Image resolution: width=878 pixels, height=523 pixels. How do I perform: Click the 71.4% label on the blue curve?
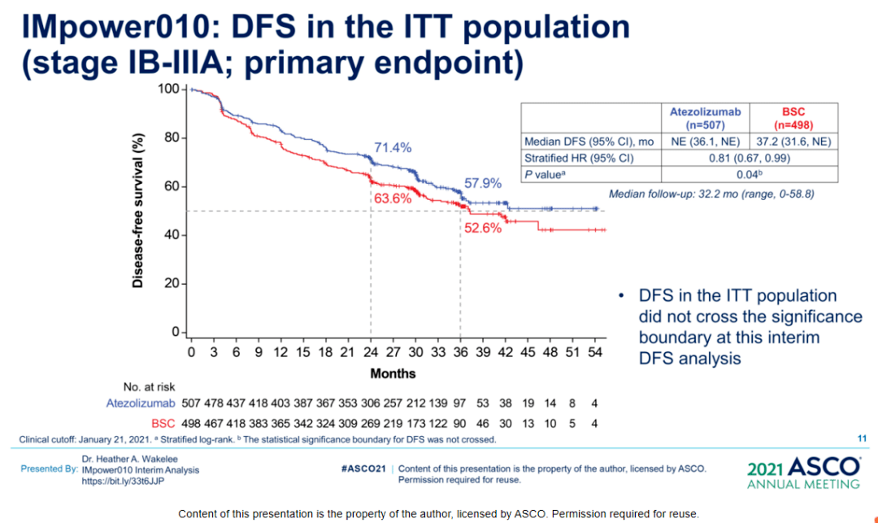(x=393, y=147)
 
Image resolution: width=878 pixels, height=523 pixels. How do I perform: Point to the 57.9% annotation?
(x=483, y=183)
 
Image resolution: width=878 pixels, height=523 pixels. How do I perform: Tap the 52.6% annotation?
(x=483, y=228)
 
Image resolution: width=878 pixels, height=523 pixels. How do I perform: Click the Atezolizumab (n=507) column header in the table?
(x=705, y=119)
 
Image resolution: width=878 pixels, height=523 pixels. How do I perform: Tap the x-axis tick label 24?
(x=371, y=352)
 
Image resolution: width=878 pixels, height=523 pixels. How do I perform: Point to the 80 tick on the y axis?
(x=172, y=137)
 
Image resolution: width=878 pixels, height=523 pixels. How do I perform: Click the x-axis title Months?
(x=393, y=373)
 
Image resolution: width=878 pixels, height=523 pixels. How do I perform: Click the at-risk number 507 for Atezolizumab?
(x=191, y=403)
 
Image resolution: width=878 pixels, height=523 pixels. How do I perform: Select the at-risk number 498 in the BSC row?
(x=191, y=423)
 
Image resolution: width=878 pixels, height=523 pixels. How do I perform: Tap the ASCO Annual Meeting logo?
(x=803, y=472)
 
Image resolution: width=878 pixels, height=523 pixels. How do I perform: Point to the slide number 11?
(x=862, y=438)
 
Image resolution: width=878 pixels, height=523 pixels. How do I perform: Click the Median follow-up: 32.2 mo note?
(x=711, y=194)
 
